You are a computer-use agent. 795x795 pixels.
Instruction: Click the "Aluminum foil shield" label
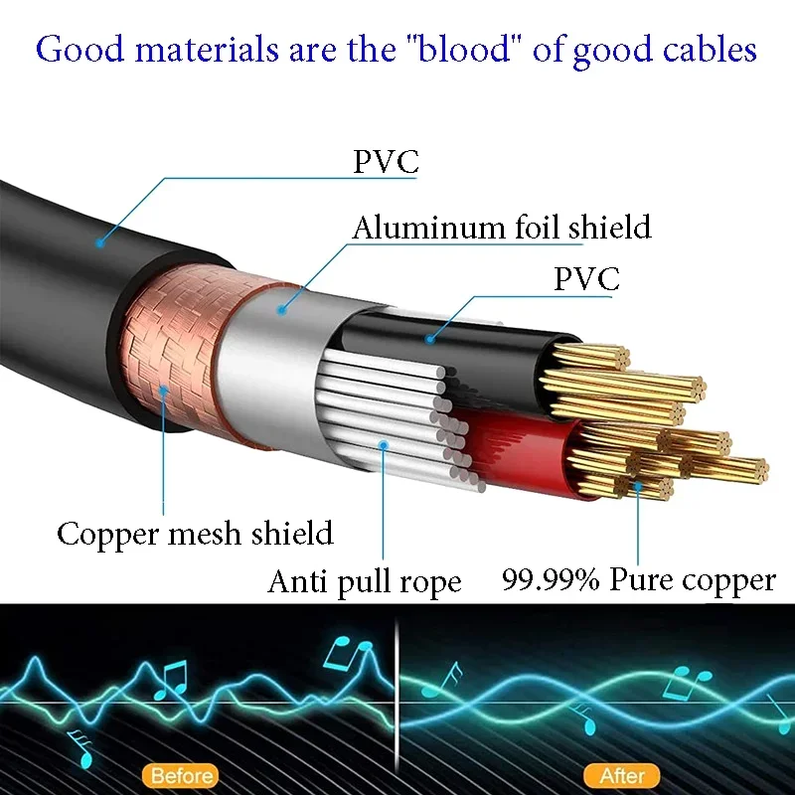coord(502,227)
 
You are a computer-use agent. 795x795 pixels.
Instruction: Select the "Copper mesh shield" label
coord(195,534)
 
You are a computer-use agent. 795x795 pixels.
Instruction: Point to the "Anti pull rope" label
coord(365,581)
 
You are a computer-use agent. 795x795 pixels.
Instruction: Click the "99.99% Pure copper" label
coord(639,579)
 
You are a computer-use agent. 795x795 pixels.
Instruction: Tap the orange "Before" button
coord(181,776)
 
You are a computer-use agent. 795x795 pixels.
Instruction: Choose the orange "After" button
coord(622,776)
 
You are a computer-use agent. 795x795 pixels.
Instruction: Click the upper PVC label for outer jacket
coord(386,162)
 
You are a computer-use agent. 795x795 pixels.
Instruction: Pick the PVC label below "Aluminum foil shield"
coord(586,278)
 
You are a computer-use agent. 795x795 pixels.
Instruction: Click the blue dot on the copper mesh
coord(163,391)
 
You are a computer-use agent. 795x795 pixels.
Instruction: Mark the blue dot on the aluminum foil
coord(282,309)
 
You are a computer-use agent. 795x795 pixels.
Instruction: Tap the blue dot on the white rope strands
coord(384,445)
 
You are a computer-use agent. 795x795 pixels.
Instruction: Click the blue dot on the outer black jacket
coord(100,243)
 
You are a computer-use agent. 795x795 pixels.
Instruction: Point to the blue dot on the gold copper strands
coord(638,486)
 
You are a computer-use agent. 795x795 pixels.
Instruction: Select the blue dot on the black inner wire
coord(430,339)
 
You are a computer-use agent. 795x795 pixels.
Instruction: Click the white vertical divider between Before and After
coord(397,699)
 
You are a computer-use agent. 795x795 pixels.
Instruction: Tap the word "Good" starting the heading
coord(80,49)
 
